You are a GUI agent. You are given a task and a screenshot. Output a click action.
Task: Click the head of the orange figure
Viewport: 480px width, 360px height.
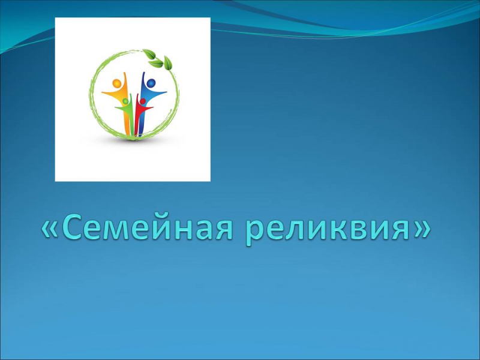pyautogui.click(x=116, y=83)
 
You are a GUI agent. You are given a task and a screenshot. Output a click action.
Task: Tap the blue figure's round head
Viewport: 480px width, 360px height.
pyautogui.click(x=151, y=83)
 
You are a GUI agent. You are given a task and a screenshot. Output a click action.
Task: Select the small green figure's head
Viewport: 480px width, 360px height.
pyautogui.click(x=125, y=101)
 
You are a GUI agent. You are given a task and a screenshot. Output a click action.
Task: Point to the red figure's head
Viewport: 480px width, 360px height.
pyautogui.click(x=142, y=101)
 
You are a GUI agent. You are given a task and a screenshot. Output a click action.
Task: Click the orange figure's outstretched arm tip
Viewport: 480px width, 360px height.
pyautogui.click(x=103, y=92)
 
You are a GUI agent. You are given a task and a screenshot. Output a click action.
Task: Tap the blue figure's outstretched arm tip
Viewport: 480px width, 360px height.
pyautogui.click(x=166, y=92)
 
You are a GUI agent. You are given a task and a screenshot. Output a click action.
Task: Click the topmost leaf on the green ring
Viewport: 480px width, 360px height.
pyautogui.click(x=149, y=54)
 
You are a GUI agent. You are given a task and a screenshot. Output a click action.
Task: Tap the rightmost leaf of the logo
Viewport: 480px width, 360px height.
pyautogui.click(x=168, y=63)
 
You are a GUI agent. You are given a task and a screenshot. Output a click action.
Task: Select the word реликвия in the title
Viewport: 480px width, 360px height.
pyautogui.click(x=327, y=231)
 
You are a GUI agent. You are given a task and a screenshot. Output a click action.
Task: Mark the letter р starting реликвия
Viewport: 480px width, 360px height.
pyautogui.click(x=254, y=233)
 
